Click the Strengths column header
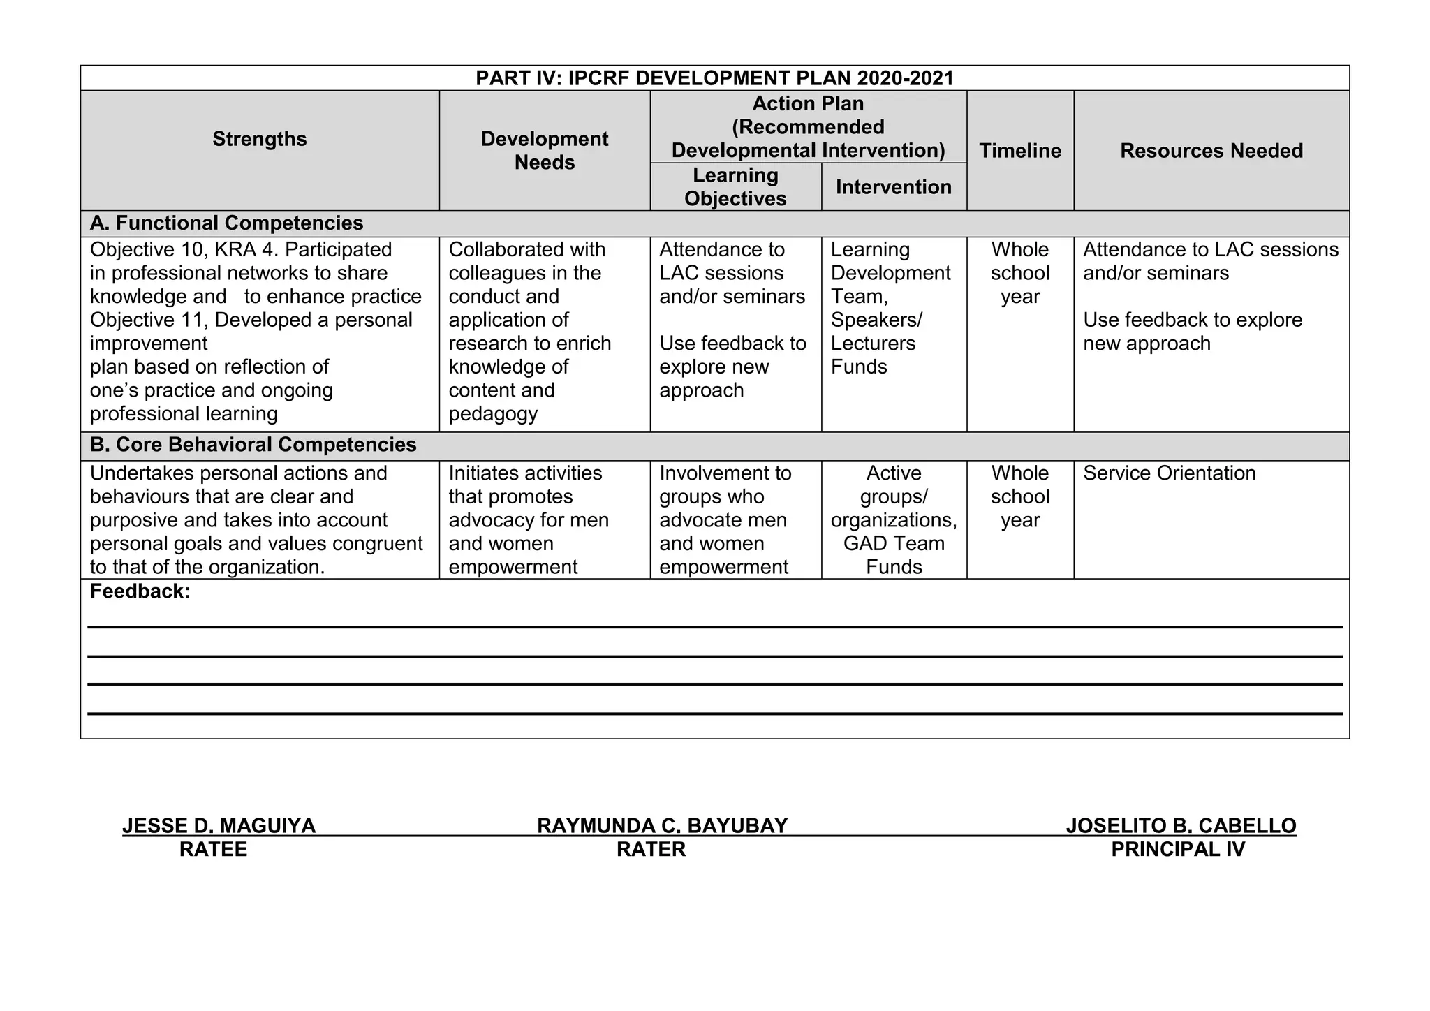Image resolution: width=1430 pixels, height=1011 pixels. click(259, 139)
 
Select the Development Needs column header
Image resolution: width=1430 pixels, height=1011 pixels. click(544, 151)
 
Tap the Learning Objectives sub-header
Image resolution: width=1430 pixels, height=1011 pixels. click(735, 187)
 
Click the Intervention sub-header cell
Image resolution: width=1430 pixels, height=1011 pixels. click(893, 187)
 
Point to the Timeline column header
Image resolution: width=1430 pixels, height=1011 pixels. click(1019, 151)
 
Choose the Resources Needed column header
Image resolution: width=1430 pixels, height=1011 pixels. click(1211, 151)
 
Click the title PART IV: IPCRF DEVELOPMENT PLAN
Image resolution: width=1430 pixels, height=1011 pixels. click(714, 78)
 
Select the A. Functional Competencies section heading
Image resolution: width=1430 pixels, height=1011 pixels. click(226, 223)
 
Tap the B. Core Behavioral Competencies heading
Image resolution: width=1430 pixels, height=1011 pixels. click(253, 445)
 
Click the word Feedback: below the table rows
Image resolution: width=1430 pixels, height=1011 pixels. click(140, 592)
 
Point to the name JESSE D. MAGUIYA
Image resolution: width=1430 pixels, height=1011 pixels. click(219, 826)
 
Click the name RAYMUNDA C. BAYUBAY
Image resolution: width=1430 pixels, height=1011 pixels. click(662, 826)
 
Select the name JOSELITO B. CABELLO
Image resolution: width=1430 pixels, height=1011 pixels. click(1181, 826)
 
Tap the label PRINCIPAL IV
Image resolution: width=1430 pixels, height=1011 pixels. click(1178, 850)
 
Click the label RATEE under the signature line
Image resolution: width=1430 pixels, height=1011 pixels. click(213, 850)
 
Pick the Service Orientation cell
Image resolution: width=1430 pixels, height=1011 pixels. click(1169, 473)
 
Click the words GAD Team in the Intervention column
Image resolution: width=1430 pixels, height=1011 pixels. click(894, 544)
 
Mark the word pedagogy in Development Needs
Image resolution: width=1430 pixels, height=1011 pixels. click(492, 414)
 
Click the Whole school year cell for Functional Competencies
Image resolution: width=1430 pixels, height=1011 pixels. click(1019, 273)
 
